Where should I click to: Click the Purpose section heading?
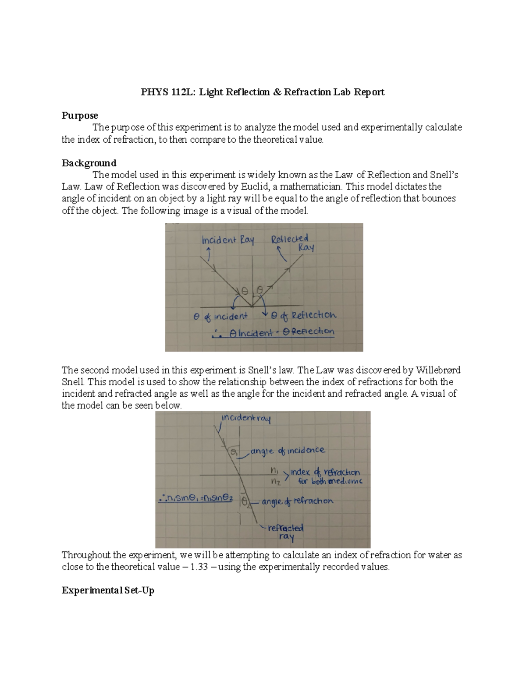[x=80, y=116]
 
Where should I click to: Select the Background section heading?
[x=89, y=163]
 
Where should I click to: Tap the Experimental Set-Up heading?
[x=108, y=590]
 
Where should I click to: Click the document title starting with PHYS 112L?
[x=262, y=92]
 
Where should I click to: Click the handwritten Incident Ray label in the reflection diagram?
[x=227, y=240]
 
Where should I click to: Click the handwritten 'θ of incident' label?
[x=220, y=316]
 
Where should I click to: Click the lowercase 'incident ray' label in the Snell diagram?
[x=246, y=418]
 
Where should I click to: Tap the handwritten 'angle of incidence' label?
[x=288, y=451]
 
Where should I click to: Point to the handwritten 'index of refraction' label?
[x=325, y=472]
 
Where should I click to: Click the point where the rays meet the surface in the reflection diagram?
[x=251, y=306]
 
